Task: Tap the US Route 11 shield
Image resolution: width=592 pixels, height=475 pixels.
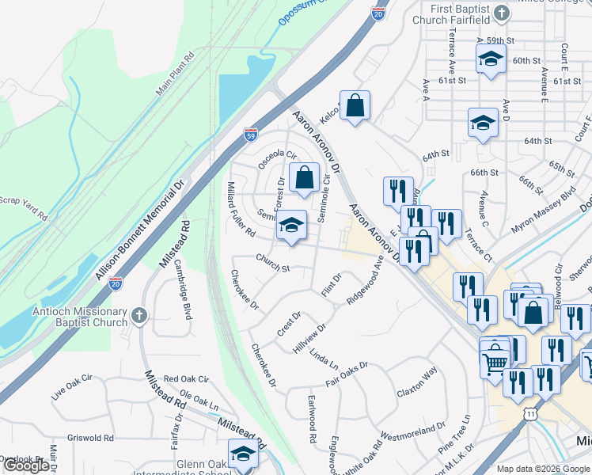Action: [x=529, y=412]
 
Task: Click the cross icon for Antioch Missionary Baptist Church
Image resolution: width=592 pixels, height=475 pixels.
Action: [x=139, y=316]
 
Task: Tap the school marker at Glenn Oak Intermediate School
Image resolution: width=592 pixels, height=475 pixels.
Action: [x=243, y=454]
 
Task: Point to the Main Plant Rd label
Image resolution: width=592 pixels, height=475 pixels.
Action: [x=175, y=75]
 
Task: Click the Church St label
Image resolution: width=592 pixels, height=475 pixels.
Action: [x=272, y=263]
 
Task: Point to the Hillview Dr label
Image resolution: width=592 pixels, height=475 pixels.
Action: [x=309, y=338]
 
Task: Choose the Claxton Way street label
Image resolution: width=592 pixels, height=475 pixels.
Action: [x=417, y=382]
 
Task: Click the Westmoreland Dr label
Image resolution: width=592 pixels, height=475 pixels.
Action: [x=413, y=432]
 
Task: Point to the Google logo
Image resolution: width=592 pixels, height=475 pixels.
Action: [x=26, y=465]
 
